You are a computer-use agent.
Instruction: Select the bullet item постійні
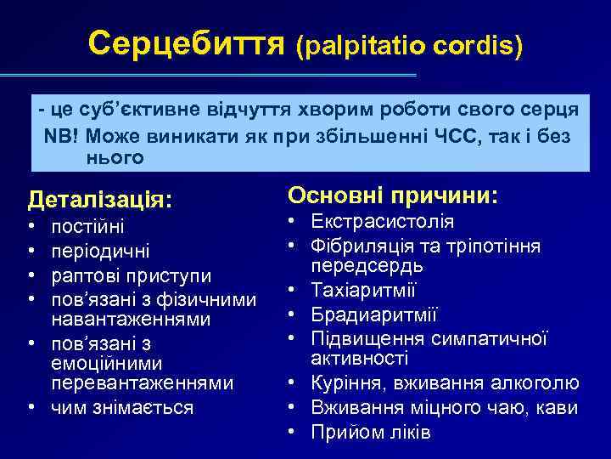click(x=87, y=228)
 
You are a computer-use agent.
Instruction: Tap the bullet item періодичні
click(x=101, y=252)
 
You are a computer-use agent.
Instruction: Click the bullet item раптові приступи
click(x=132, y=277)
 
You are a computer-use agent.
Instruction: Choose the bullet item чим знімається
click(x=122, y=407)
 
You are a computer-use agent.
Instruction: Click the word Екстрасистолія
click(x=382, y=223)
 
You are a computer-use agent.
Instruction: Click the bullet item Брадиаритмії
click(x=374, y=316)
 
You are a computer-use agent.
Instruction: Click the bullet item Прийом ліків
click(x=371, y=432)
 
